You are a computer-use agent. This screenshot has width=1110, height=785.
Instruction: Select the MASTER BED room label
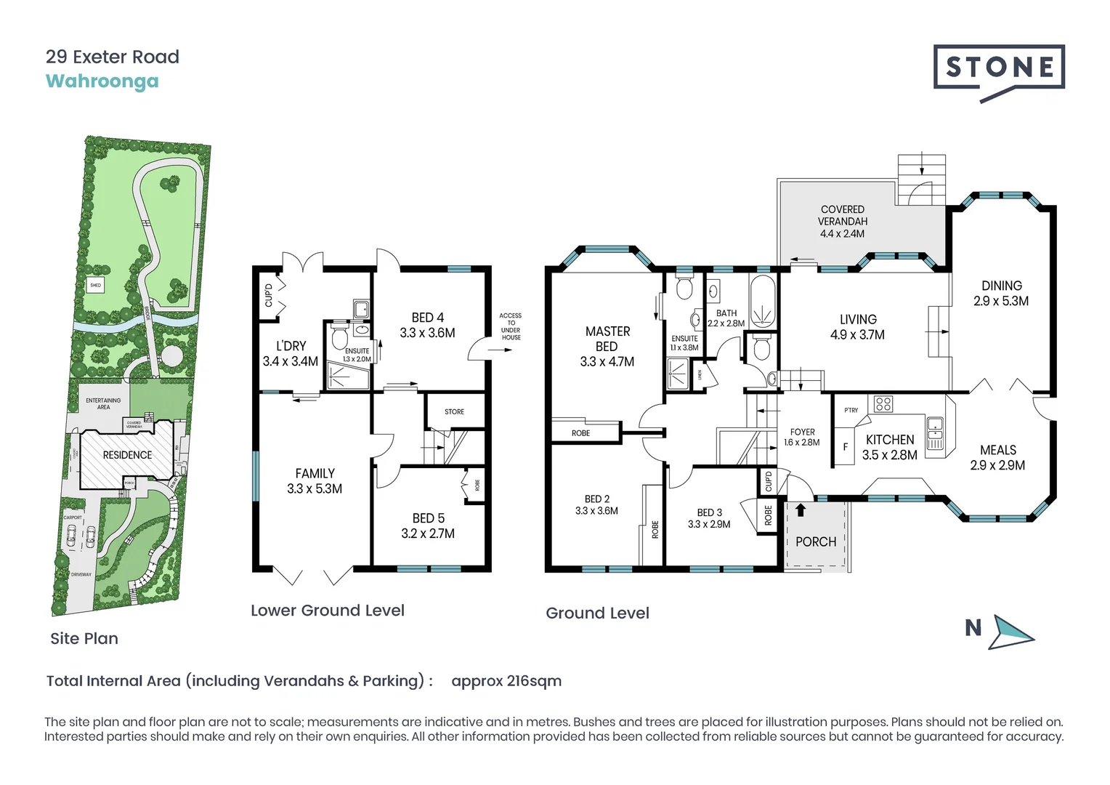click(x=607, y=346)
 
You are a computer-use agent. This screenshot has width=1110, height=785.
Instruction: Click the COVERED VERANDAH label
click(x=842, y=221)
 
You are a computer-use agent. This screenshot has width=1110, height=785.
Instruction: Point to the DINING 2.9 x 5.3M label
click(x=1001, y=294)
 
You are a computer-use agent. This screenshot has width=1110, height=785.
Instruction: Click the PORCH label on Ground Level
click(x=815, y=542)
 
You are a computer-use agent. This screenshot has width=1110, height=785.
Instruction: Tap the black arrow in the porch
click(x=800, y=510)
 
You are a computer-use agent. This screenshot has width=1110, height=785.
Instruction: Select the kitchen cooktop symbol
click(x=883, y=403)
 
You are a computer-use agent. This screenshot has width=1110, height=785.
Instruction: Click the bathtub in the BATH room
click(x=763, y=299)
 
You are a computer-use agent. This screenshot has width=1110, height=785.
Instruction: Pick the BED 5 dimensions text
click(x=428, y=534)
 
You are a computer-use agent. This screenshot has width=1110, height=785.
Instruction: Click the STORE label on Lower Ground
click(x=454, y=411)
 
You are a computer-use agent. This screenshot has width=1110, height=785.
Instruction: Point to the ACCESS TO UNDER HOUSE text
click(x=511, y=326)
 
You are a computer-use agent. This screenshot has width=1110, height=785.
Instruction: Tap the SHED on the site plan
click(x=95, y=286)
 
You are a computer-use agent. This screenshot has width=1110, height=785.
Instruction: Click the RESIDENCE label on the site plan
click(x=127, y=455)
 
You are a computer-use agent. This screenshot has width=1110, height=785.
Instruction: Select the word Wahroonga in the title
click(x=102, y=81)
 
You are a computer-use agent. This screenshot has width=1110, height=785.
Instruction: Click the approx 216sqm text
click(x=506, y=681)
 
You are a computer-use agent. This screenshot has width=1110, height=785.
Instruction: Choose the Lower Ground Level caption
click(x=327, y=611)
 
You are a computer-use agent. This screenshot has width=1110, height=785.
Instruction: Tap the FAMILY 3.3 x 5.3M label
click(x=315, y=481)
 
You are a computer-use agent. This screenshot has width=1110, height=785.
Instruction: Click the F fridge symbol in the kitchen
click(x=845, y=447)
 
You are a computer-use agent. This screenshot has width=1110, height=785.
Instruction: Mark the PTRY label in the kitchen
click(x=851, y=410)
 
